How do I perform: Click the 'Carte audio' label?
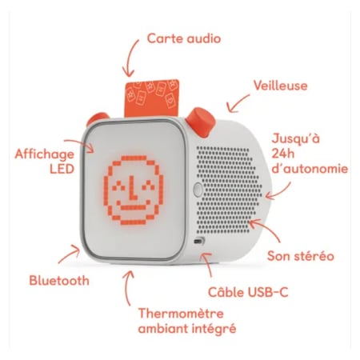pos(184,38)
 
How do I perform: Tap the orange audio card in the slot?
pos(151,98)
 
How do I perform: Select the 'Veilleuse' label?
pos(280,86)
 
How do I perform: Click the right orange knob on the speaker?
pos(201,122)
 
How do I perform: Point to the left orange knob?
pos(97,118)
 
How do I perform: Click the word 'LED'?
pos(62,169)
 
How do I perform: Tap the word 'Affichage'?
pos(44,154)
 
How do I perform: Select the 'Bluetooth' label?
pos(59,281)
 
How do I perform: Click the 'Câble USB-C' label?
pos(248,292)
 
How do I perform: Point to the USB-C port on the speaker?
pos(198,241)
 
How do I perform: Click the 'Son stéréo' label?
pos(301,256)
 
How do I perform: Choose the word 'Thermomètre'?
pos(181,314)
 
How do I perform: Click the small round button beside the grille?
pos(198,189)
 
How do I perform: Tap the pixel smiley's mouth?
pos(134,206)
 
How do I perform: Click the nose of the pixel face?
pos(134,190)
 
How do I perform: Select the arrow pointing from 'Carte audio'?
pos(130,58)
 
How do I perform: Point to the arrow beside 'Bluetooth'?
pos(70,253)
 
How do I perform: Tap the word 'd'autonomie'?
pos(310,169)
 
